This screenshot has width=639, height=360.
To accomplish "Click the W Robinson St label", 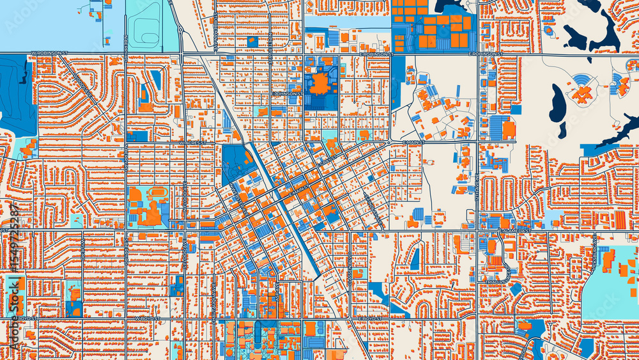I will (x=47, y=54).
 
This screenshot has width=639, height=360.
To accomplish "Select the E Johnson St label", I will (x=286, y=93).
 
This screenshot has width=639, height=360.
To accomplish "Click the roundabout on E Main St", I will (x=389, y=143).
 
